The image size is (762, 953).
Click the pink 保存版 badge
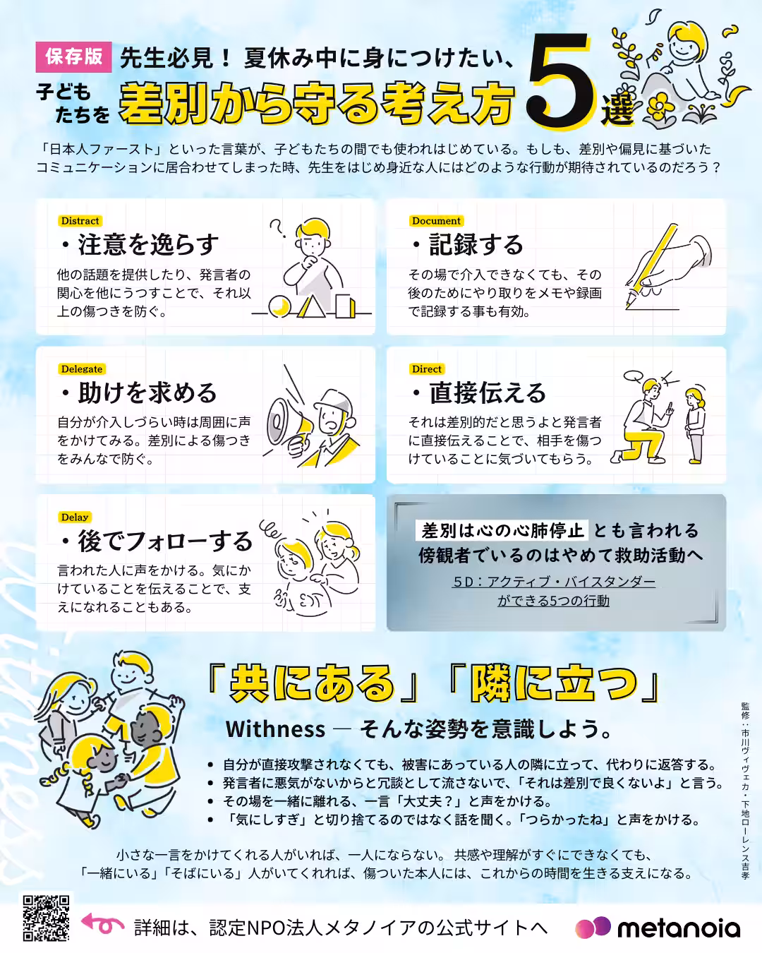point(73,56)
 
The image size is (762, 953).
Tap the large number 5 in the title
point(561,83)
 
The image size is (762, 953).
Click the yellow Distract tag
point(80,221)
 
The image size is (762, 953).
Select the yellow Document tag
point(436,221)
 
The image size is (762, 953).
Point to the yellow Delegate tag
point(82,369)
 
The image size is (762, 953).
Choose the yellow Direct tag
point(427,369)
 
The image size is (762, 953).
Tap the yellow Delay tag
point(75,517)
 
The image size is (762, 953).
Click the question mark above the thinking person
point(278,228)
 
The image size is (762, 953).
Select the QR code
point(46,918)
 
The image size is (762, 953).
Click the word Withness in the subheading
point(275,729)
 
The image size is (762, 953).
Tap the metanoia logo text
point(679,928)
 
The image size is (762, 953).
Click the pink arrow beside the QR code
point(103,923)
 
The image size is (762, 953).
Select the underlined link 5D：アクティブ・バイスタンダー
point(554,582)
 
